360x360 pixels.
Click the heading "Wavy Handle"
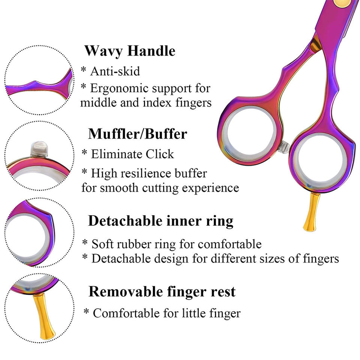click(x=130, y=51)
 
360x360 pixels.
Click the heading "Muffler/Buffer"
click(x=138, y=133)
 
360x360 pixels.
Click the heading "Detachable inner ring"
click(x=160, y=221)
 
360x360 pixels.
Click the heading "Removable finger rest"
click(x=162, y=291)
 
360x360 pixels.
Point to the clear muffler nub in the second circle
click(x=39, y=149)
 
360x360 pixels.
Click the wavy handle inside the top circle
click(x=41, y=86)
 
